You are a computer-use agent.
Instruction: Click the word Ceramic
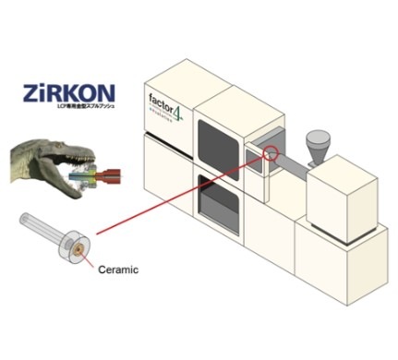click(112, 269)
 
